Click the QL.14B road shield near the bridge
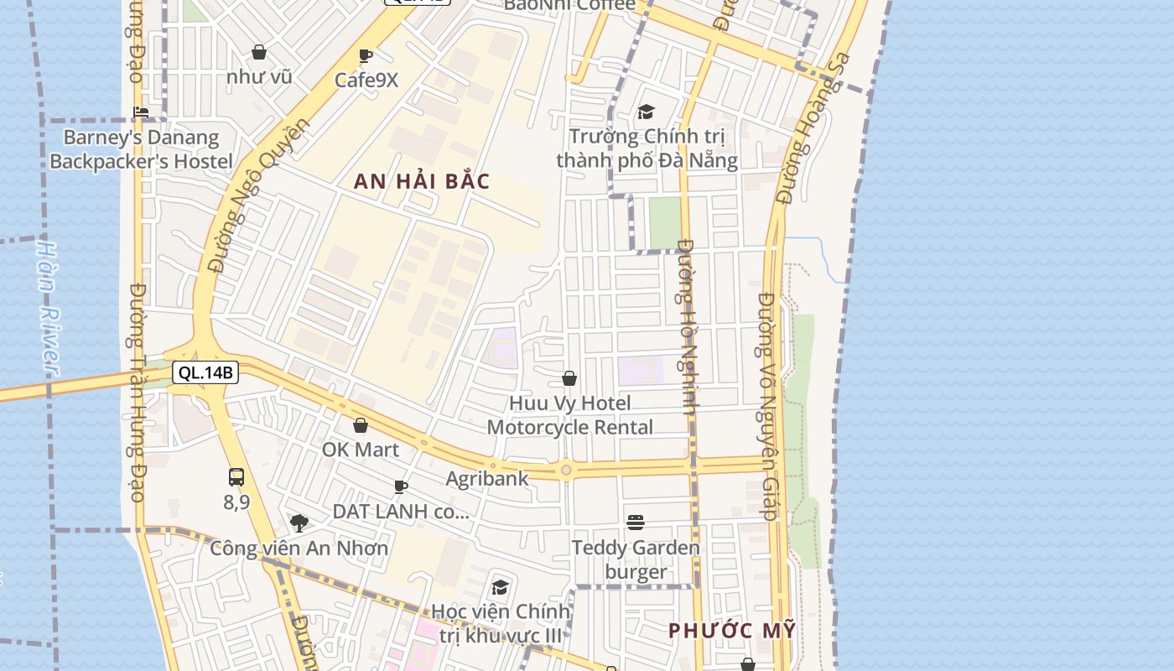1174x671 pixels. coord(205,372)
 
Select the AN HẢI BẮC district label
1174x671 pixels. coord(421,181)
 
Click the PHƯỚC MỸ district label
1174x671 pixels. coord(731,631)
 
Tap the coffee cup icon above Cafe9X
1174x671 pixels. coord(366,56)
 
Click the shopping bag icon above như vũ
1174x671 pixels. coord(259,52)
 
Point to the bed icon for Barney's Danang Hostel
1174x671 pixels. coord(141,112)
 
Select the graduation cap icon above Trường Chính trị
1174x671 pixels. coord(646,112)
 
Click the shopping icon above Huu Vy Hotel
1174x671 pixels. coord(569,378)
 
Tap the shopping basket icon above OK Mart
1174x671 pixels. coord(361,425)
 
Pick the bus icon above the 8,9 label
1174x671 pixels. coord(236,477)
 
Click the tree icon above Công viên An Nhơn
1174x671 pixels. coord(299,523)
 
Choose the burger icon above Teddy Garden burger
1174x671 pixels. coord(636,523)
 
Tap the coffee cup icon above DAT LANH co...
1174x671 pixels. coord(401,486)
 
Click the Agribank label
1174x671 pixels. coord(487,479)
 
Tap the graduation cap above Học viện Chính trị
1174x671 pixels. coord(501,587)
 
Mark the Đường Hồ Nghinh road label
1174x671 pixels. coord(687,327)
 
